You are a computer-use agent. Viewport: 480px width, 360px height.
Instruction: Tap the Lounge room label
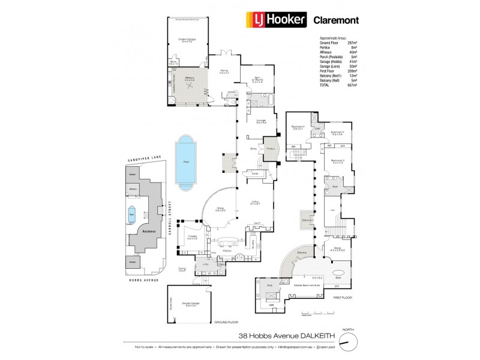click(x=260, y=121)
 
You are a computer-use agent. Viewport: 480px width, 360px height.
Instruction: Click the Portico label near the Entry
click(x=271, y=148)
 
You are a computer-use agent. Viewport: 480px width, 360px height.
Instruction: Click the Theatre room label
click(x=192, y=237)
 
